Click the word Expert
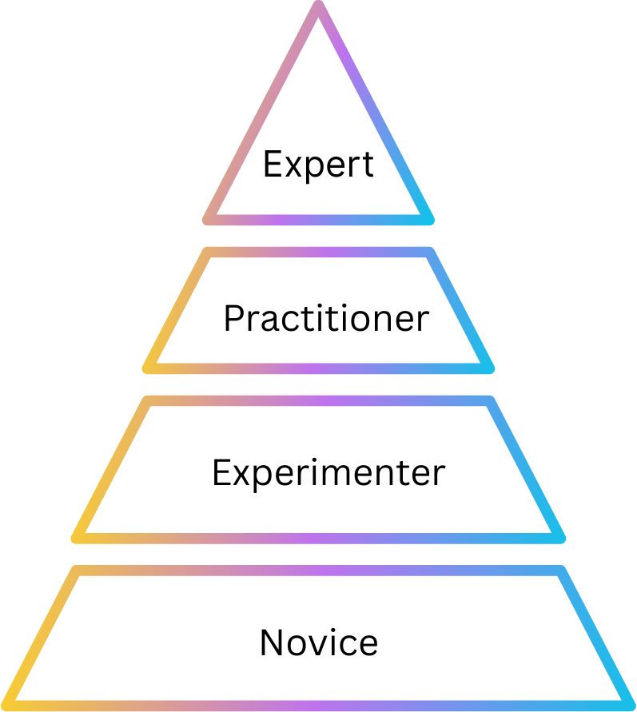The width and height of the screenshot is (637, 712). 318,165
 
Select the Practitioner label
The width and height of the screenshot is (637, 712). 326,319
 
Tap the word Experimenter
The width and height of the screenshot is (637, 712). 328,473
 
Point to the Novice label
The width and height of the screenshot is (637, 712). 319,642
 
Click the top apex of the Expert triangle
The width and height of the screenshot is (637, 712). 319,7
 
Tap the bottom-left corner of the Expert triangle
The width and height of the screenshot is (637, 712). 208,219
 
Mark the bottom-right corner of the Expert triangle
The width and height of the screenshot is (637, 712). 429,219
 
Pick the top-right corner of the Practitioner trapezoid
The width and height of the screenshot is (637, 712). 431,253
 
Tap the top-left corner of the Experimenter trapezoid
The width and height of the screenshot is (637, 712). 147,401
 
